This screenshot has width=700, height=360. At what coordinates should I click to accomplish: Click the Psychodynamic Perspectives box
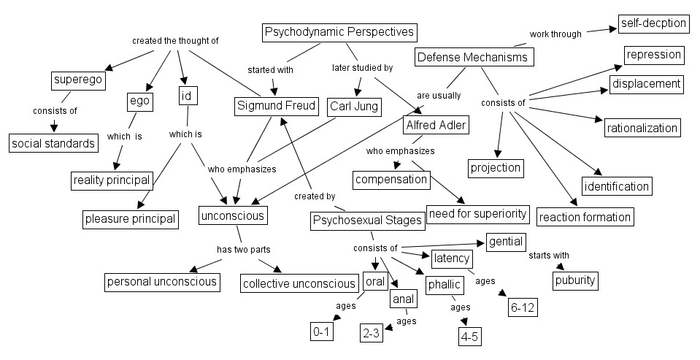(x=339, y=32)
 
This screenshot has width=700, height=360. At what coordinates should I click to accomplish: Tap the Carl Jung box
(x=353, y=107)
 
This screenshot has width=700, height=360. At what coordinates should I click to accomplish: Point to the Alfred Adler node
(x=436, y=125)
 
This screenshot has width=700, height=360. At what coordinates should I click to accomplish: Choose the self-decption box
(x=653, y=23)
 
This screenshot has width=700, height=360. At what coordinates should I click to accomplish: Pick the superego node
(x=77, y=80)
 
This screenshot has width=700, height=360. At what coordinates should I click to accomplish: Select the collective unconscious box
(x=299, y=283)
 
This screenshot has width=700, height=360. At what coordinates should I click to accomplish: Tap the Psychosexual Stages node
(x=367, y=220)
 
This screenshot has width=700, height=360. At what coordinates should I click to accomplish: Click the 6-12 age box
(x=523, y=308)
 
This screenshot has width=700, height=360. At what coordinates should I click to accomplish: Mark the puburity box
(x=574, y=280)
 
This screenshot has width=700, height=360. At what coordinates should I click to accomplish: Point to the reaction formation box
(x=585, y=217)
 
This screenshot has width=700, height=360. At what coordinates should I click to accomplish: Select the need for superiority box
(x=478, y=213)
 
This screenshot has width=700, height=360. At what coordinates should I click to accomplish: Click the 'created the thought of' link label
(x=175, y=41)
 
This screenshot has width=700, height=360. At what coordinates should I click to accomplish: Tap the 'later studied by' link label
(x=362, y=68)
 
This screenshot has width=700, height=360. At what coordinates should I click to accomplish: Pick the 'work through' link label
(x=555, y=34)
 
